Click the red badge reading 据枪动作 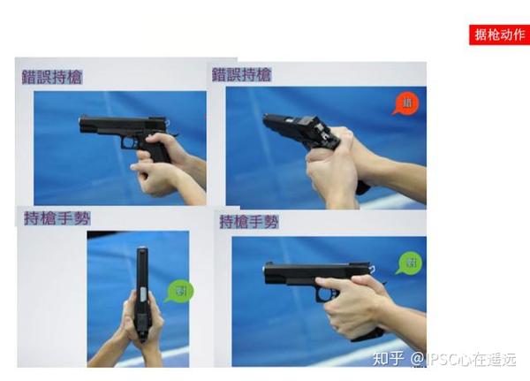(x=499, y=34)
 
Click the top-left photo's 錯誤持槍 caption (x=52, y=77)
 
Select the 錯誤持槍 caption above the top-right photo (x=241, y=75)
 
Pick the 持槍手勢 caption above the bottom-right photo (x=249, y=221)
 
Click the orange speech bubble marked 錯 (x=405, y=103)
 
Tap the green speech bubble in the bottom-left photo (x=179, y=291)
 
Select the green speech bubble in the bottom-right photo (x=408, y=263)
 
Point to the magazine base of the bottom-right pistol (x=367, y=335)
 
